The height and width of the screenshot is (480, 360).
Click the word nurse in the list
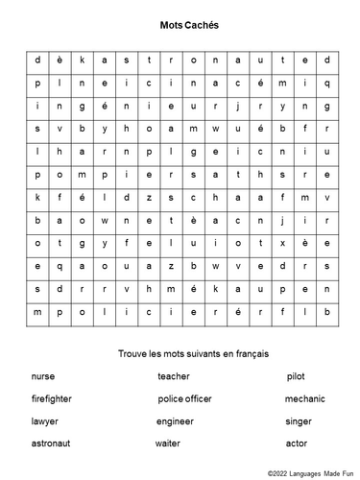click(42, 376)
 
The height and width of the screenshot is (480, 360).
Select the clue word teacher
click(174, 376)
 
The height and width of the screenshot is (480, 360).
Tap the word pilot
click(296, 376)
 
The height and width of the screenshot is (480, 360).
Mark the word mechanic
click(305, 398)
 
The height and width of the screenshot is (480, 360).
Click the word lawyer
click(44, 420)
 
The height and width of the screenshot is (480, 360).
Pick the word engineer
click(176, 420)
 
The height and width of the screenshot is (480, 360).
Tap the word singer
click(298, 420)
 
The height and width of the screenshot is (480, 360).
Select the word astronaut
click(50, 443)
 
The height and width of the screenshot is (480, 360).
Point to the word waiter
click(168, 443)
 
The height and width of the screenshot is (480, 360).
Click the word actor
click(296, 443)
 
